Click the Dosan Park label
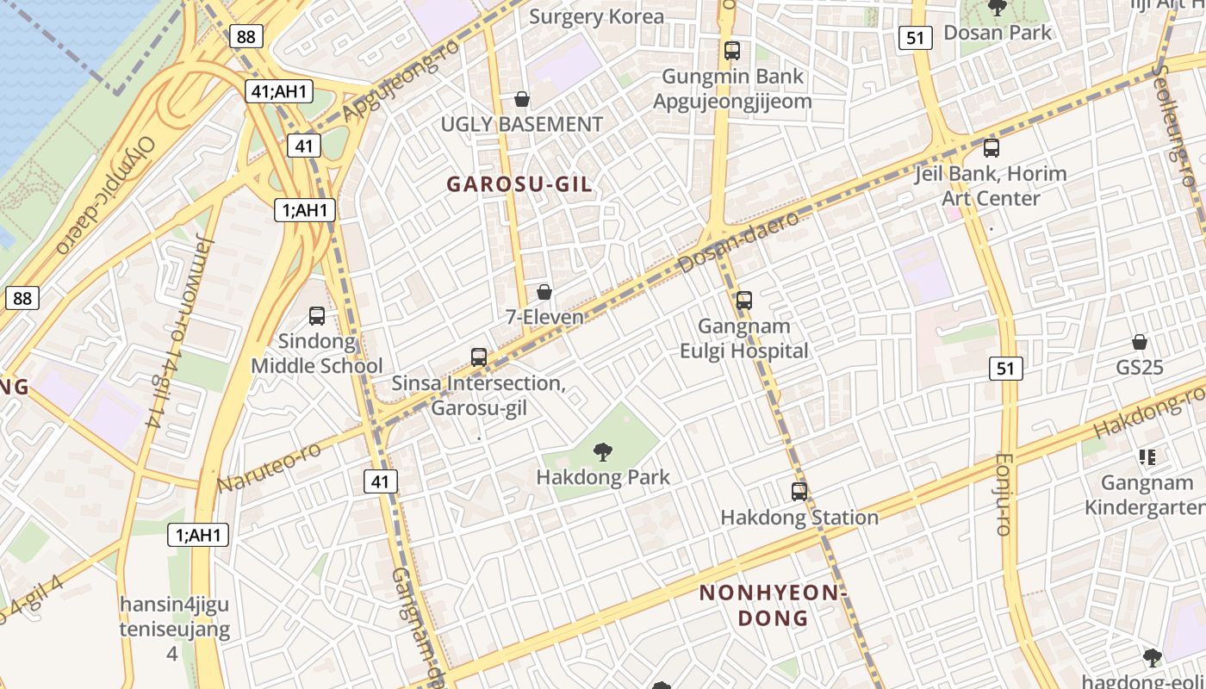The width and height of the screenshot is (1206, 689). coord(998,33)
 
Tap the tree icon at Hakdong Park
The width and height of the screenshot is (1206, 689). coord(603,450)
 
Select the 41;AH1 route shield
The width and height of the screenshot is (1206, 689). coord(278,90)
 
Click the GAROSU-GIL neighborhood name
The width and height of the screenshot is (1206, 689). coord(519,184)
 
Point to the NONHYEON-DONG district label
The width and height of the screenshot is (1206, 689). coord(773,605)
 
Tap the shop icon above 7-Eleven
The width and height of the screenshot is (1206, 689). coord(544,293)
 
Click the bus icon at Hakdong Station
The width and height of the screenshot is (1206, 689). coord(799,492)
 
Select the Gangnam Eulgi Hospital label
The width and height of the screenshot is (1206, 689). coord(744,338)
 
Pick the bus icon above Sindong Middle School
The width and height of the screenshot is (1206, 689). coord(317,316)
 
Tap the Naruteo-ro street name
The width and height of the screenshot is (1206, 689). coord(268,467)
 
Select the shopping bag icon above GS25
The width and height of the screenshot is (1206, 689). coord(1140,343)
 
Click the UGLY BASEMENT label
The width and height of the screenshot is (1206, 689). coord(521,125)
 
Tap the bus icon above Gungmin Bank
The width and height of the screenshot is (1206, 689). coord(732,51)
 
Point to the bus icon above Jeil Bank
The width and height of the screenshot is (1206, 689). coord(992,148)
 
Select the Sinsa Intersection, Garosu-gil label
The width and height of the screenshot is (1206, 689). coord(478,394)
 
